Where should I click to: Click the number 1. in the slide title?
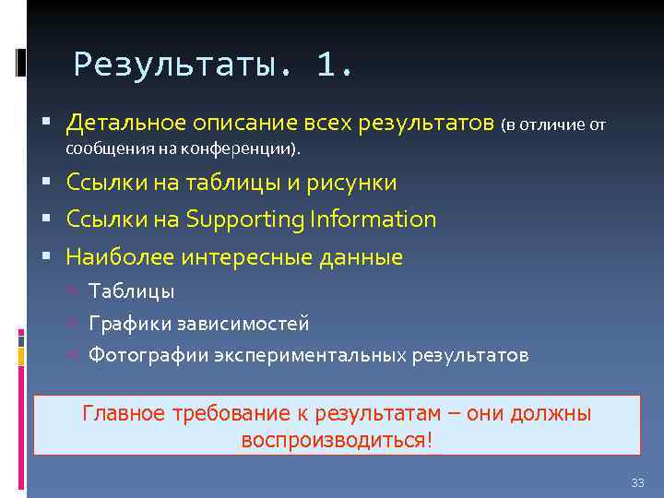[x=334, y=65]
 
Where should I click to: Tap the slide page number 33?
[x=637, y=483]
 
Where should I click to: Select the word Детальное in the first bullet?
[x=125, y=124]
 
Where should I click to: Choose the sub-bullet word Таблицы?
[x=131, y=291]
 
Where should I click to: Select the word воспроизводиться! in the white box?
[x=336, y=439]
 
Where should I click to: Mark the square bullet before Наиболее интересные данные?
[x=45, y=257]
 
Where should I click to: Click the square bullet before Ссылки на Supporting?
[x=45, y=219]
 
